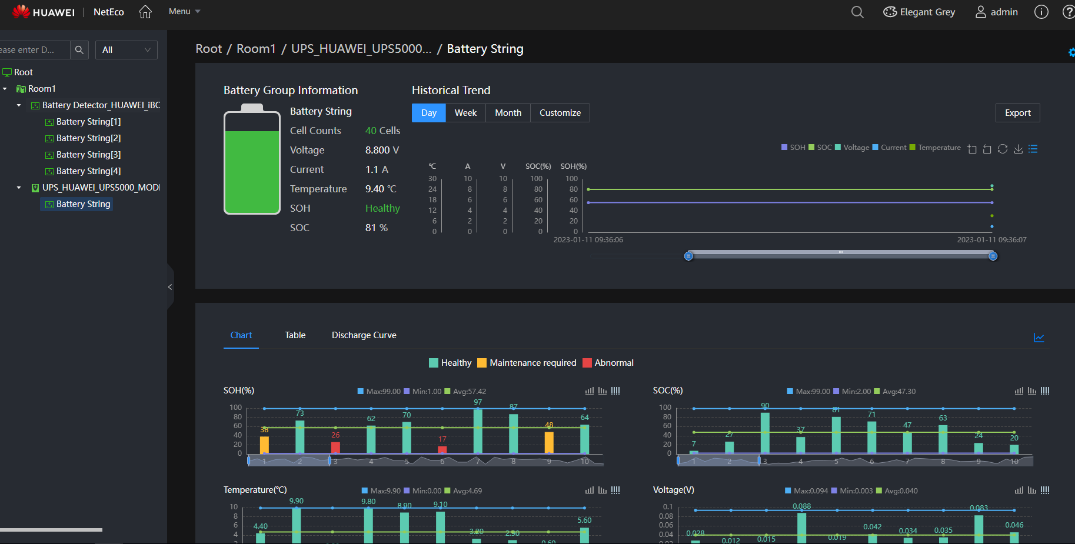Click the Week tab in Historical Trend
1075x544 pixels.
[465, 113]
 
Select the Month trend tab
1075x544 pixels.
[508, 113]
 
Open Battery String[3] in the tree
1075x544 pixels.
[88, 155]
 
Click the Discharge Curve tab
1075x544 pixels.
[364, 335]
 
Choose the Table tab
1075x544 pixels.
[295, 335]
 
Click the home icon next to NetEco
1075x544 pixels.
[145, 12]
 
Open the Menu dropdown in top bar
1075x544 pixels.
[184, 12]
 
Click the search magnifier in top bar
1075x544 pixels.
[857, 12]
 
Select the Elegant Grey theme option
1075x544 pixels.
[919, 12]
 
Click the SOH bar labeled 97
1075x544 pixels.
[478, 431]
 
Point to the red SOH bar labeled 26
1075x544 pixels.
[335, 448]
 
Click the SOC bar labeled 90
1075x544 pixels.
[765, 433]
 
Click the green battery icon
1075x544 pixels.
[252, 160]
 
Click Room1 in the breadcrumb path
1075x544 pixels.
[256, 49]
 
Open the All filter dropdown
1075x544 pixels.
[126, 50]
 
